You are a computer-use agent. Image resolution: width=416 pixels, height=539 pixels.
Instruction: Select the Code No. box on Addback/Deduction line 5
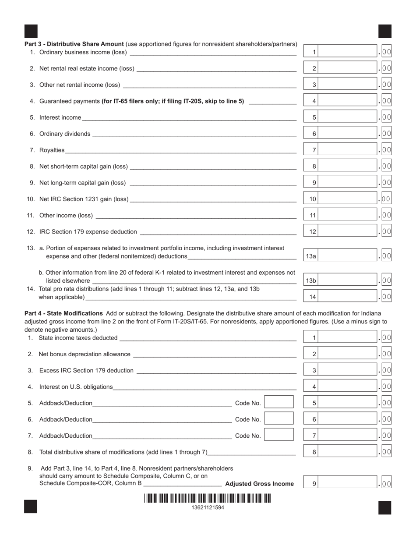[x=279, y=402]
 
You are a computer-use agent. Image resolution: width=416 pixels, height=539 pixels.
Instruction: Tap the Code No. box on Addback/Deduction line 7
[x=279, y=435]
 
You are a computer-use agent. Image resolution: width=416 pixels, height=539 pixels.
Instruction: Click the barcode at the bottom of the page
[x=207, y=499]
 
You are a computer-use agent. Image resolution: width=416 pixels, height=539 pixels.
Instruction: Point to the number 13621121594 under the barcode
[x=208, y=507]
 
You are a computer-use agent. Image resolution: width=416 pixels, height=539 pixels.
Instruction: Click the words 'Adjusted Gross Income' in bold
[x=259, y=484]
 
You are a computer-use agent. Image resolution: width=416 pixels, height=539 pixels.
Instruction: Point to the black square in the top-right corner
[x=384, y=32]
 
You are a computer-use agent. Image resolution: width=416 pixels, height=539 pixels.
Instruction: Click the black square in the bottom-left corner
[x=31, y=507]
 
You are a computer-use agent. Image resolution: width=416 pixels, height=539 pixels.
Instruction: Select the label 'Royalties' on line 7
[x=52, y=150]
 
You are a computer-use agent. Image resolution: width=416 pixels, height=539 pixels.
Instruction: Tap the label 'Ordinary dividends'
[x=65, y=134]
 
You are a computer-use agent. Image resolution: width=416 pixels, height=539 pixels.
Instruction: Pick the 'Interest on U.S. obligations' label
[x=76, y=387]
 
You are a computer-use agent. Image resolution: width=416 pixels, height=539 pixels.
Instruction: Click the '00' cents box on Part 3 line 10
[x=386, y=199]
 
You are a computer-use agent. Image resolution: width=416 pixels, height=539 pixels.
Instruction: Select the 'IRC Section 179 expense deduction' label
[x=88, y=231]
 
